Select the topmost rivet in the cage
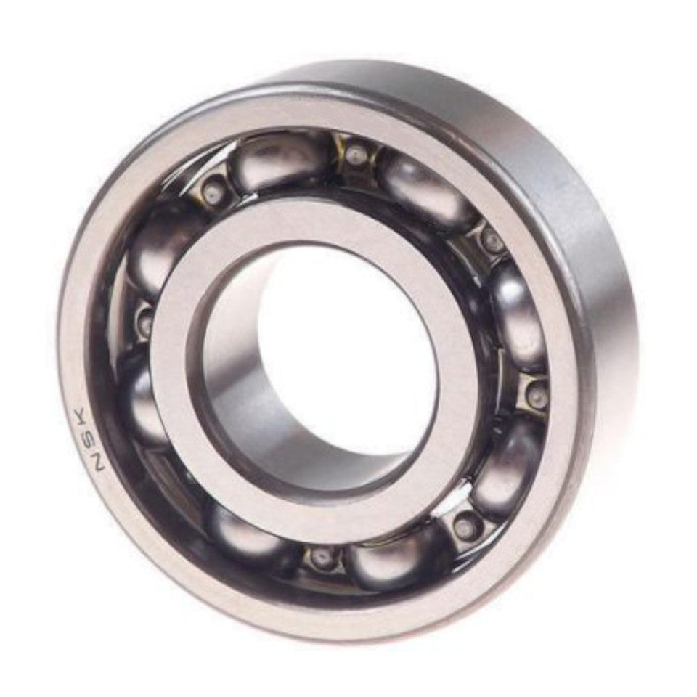click(x=354, y=154)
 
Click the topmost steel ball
click(x=280, y=161)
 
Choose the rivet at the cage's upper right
click(x=493, y=241)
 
